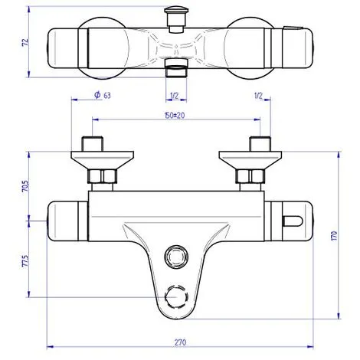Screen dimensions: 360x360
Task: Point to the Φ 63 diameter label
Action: [x=102, y=97]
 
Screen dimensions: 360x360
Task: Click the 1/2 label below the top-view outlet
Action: [x=174, y=97]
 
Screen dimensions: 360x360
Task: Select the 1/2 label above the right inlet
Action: [x=259, y=97]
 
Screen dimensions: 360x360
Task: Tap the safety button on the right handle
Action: [x=294, y=222]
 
